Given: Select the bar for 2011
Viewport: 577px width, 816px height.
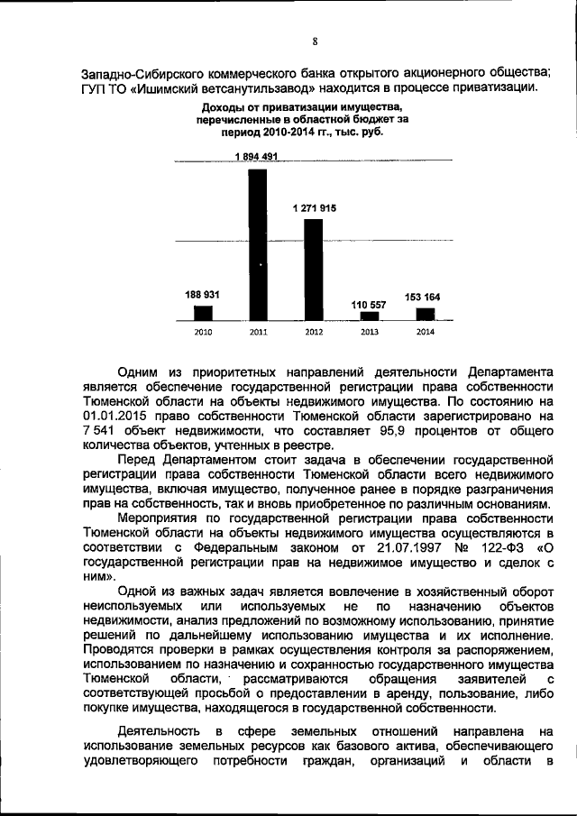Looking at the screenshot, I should [x=259, y=243].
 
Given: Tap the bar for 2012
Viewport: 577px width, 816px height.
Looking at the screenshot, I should [x=314, y=270].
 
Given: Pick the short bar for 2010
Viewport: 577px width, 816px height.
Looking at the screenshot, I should [x=204, y=313].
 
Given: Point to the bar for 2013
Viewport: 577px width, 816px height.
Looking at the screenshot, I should [x=370, y=316].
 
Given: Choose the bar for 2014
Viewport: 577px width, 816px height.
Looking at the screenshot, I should [x=425, y=315].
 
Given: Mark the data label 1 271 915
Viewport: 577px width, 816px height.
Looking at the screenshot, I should [x=314, y=208].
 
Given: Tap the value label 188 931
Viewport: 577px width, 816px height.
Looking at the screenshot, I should [x=203, y=295].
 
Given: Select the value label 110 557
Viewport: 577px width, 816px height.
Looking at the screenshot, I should [x=369, y=305].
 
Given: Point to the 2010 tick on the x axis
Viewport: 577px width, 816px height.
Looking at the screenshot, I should [x=204, y=332].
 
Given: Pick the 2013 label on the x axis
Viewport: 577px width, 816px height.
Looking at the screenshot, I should [x=370, y=332].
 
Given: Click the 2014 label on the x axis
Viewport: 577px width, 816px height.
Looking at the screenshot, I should [x=425, y=332].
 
